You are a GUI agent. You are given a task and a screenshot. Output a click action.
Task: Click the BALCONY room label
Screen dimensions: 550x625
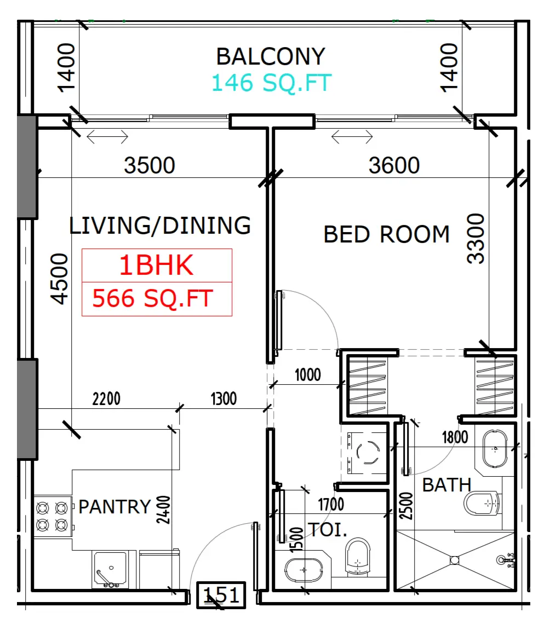(271, 56)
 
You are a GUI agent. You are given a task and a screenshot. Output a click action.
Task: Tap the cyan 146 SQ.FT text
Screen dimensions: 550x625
(271, 83)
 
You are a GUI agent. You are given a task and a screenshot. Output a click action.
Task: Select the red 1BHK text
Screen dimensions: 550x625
(156, 265)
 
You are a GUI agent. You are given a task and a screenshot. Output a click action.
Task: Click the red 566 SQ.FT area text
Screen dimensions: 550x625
(153, 299)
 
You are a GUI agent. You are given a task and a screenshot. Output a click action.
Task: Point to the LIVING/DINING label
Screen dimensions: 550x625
(160, 225)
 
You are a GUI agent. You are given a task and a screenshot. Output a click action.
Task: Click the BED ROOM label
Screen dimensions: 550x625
(386, 234)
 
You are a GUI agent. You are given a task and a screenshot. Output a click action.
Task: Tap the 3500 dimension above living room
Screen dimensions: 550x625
(150, 165)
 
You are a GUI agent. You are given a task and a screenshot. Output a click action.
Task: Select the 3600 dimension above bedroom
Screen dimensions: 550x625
(394, 165)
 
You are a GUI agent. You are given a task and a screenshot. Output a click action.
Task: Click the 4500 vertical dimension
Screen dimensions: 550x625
(59, 279)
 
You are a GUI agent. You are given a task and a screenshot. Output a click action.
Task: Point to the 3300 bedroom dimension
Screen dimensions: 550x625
(476, 239)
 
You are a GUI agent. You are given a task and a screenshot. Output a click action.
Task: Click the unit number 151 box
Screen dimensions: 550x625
(221, 595)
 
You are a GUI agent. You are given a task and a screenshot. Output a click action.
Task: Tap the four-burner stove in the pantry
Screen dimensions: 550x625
(53, 517)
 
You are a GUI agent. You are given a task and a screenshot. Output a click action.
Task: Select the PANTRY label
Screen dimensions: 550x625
(114, 507)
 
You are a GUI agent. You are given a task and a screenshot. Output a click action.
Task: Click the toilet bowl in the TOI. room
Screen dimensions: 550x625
(357, 557)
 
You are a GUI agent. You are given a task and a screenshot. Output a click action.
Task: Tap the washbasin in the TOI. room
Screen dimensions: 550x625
(303, 570)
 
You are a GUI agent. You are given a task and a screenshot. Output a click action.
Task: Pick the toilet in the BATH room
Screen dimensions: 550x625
(482, 504)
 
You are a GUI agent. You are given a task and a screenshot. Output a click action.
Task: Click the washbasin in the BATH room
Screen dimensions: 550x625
(495, 448)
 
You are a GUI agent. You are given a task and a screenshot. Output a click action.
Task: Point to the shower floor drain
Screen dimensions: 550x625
(454, 560)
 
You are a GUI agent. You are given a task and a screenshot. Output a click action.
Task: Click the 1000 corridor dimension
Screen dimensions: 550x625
(307, 375)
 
